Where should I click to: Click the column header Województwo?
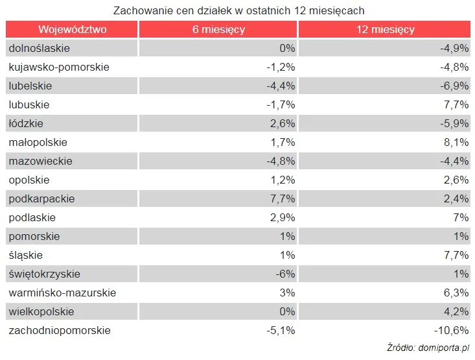tap(72, 30)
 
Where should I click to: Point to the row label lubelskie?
tap(30, 86)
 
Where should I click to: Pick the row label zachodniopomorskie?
tap(60, 330)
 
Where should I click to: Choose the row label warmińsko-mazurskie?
tap(62, 293)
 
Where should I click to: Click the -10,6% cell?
tap(451, 330)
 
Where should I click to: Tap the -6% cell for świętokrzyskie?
tap(284, 274)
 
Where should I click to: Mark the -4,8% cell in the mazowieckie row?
tap(281, 161)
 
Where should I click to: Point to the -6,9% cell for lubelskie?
tap(453, 86)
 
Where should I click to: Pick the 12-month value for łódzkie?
tap(453, 123)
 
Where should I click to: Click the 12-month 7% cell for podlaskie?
tap(461, 217)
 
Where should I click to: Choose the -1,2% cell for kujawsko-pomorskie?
tap(281, 67)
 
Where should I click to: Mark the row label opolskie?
tap(29, 180)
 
